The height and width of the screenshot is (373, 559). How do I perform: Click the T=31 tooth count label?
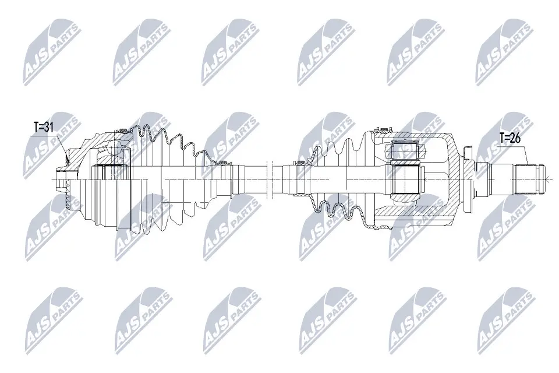tap(44, 127)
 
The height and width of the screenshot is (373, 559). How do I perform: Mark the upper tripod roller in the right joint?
tap(405, 150)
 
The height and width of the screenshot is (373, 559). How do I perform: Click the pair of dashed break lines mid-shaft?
tap(270, 178)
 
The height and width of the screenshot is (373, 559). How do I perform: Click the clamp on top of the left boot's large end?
tap(123, 129)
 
